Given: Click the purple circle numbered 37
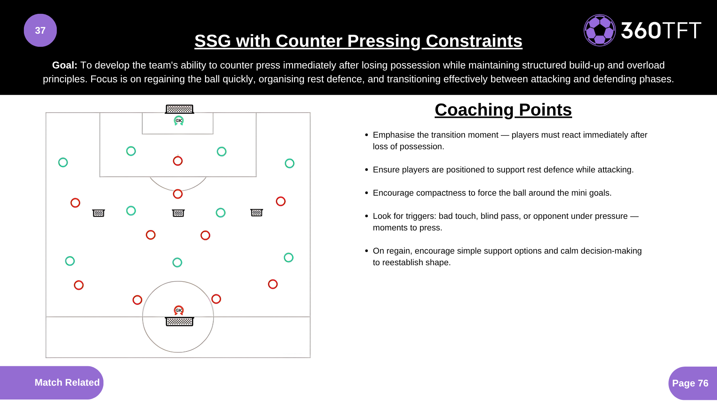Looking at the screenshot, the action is (x=40, y=30).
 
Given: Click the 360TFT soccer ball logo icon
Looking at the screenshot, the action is (x=600, y=30).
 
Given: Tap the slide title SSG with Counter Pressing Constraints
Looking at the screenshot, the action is (x=358, y=41).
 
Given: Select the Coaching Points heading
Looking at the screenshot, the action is (x=503, y=110).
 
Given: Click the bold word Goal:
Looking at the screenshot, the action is (x=65, y=65).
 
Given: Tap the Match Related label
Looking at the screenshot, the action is (x=67, y=382).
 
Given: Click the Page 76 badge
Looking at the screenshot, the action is (x=690, y=383).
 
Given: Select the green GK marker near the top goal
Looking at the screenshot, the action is (x=179, y=120).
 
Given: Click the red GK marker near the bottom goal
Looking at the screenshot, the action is (x=179, y=310).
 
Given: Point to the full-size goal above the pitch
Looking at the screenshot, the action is (x=179, y=109).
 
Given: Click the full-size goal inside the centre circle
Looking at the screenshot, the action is (x=179, y=321).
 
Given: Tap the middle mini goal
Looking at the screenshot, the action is (x=179, y=213).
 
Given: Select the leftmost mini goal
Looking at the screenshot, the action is (x=99, y=213).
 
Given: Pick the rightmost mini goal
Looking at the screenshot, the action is (x=257, y=212).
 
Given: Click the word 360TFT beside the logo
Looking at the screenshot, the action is (x=661, y=30).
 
